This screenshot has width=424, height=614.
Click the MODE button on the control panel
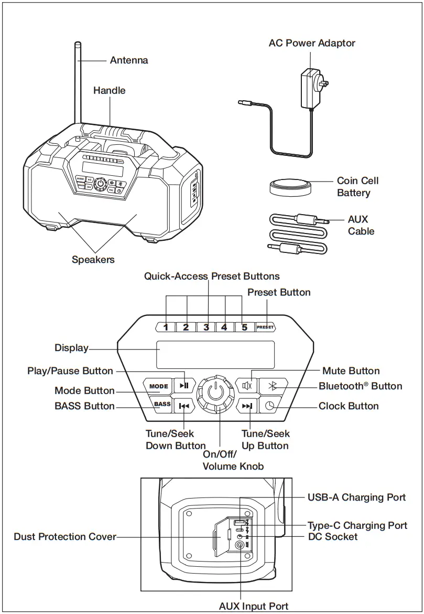[158, 386]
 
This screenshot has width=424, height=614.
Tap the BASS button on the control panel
[162, 404]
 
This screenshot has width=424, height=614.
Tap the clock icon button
[269, 406]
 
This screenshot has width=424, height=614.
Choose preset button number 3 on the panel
[206, 327]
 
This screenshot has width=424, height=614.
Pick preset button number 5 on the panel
[244, 327]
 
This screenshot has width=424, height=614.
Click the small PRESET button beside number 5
[265, 327]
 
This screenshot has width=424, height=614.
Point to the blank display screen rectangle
[215, 355]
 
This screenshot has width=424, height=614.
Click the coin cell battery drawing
[289, 187]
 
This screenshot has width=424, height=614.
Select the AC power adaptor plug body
[309, 91]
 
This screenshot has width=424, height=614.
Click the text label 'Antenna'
[129, 60]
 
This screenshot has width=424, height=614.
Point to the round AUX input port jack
[241, 546]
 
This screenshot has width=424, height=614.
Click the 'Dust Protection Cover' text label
[65, 537]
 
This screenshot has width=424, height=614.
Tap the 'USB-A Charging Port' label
[356, 497]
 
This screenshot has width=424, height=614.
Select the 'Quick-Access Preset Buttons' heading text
[212, 276]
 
